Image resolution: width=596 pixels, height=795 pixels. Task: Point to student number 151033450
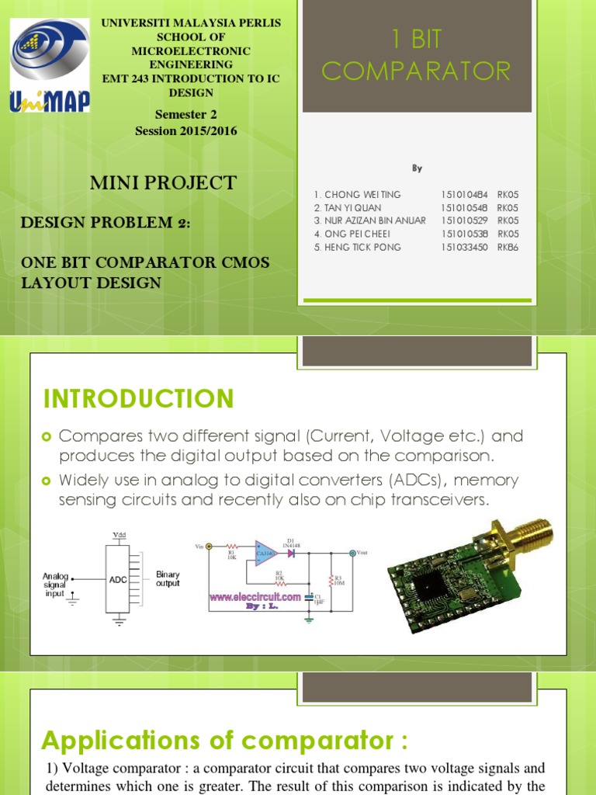[x=464, y=247]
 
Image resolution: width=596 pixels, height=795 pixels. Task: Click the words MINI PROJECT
[x=164, y=183]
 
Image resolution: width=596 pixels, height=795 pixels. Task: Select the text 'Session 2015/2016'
[x=186, y=130]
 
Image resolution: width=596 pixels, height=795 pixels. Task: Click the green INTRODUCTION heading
[x=138, y=399]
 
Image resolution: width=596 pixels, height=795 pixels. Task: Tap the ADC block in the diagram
[x=118, y=578]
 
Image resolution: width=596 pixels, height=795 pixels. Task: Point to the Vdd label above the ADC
[x=119, y=536]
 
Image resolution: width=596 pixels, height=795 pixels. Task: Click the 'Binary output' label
[x=168, y=579]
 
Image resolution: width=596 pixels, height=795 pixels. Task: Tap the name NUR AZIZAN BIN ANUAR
[x=370, y=220]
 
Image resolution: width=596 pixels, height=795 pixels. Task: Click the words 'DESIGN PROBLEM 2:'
[x=105, y=224]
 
